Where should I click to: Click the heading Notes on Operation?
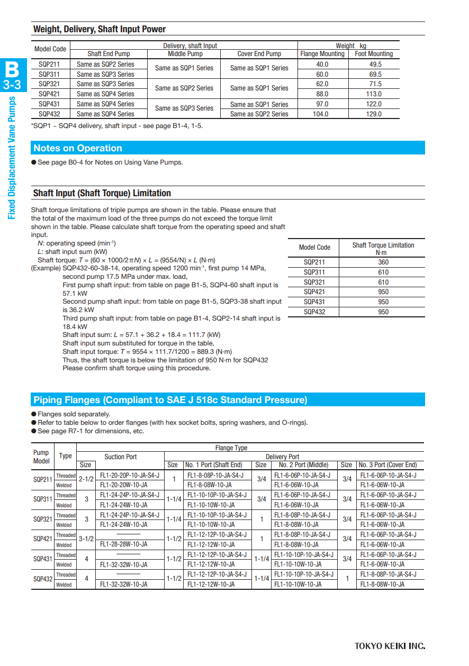tap(78, 148)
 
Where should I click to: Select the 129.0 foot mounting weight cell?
tap(374, 114)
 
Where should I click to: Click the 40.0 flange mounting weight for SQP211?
tap(322, 64)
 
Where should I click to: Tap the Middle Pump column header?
tap(185, 54)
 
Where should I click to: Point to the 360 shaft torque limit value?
tap(383, 262)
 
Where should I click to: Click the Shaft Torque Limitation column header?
tap(383, 249)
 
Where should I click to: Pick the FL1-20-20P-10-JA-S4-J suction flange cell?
tap(129, 475)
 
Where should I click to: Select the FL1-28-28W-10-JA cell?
tap(123, 544)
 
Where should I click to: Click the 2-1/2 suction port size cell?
tap(86, 479)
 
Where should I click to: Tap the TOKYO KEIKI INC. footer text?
tap(390, 646)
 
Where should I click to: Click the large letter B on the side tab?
tap(12, 69)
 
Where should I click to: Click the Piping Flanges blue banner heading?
tap(170, 400)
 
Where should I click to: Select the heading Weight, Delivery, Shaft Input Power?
tap(100, 29)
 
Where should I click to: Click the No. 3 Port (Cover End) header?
tap(388, 465)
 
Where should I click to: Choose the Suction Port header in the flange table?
tap(121, 457)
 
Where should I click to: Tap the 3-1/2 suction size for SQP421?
tap(86, 539)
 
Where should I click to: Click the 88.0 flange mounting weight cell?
tap(322, 94)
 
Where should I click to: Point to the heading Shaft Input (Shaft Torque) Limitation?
tap(102, 193)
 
